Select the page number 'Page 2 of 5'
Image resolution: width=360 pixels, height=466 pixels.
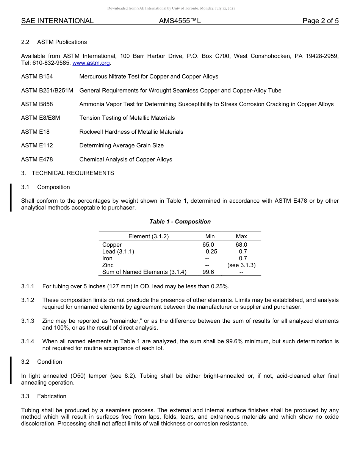coord(320,21)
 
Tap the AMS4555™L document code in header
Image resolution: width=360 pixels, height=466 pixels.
coord(180,21)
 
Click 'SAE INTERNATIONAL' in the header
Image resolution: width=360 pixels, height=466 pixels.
coord(57,21)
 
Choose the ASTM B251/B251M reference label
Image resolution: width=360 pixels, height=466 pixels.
coord(47,91)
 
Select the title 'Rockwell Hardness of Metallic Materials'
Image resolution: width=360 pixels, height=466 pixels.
coord(131,132)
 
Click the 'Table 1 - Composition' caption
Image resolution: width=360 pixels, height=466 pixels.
coord(180,222)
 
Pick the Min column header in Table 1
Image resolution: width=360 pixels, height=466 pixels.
coord(210,236)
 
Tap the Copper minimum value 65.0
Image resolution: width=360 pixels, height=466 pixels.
coord(208,245)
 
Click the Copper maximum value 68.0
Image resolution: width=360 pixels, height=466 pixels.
coord(241,245)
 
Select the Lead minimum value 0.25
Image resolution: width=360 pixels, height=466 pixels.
coord(211,252)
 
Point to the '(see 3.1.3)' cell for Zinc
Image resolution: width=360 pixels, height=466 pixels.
coord(241,265)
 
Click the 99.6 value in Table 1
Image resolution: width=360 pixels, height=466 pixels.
coord(208,272)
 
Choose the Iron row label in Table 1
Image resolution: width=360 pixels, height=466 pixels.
coord(107,258)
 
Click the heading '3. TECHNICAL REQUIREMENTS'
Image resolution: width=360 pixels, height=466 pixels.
coord(67,173)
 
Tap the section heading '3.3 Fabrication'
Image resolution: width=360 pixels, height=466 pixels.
coord(44,396)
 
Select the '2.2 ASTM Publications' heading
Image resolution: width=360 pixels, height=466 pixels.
coord(54,42)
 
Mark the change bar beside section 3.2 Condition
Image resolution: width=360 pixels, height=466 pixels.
coord(11,370)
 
